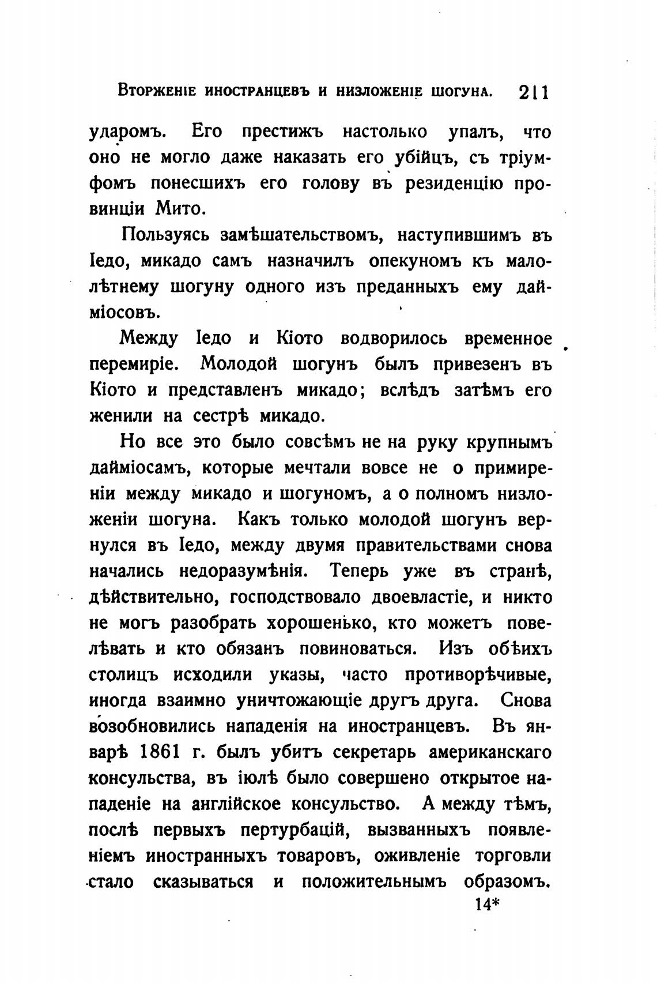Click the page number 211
pyautogui.click(x=533, y=92)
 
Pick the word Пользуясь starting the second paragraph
pyautogui.click(x=167, y=237)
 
